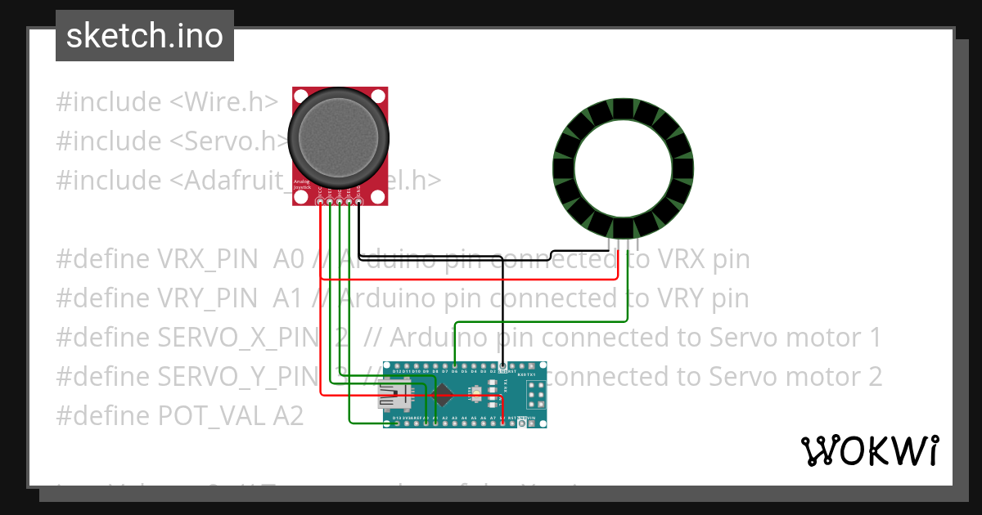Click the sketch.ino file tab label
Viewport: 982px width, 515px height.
[145, 37]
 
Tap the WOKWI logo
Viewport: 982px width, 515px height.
[869, 450]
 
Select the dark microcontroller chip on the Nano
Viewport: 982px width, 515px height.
[445, 394]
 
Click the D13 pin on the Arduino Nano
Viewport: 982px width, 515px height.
[396, 423]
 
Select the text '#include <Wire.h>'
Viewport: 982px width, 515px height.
[167, 102]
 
